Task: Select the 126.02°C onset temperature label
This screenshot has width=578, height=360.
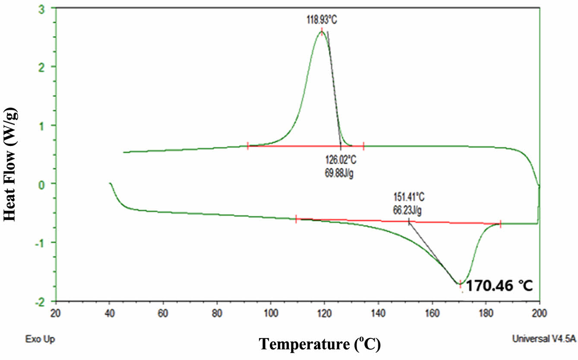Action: coord(341,160)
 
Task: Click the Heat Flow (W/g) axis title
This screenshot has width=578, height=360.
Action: coord(10,165)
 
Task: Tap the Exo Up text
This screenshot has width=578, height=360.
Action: coord(38,339)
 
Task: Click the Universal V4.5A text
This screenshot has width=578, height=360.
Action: coord(543,339)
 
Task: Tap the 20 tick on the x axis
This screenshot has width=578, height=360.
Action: coord(56,312)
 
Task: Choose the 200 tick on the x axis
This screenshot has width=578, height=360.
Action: coord(539,312)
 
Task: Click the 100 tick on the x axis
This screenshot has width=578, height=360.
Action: coord(271,312)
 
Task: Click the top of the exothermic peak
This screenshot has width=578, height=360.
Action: coord(322,31)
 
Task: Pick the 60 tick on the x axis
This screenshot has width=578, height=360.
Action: coord(163,312)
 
